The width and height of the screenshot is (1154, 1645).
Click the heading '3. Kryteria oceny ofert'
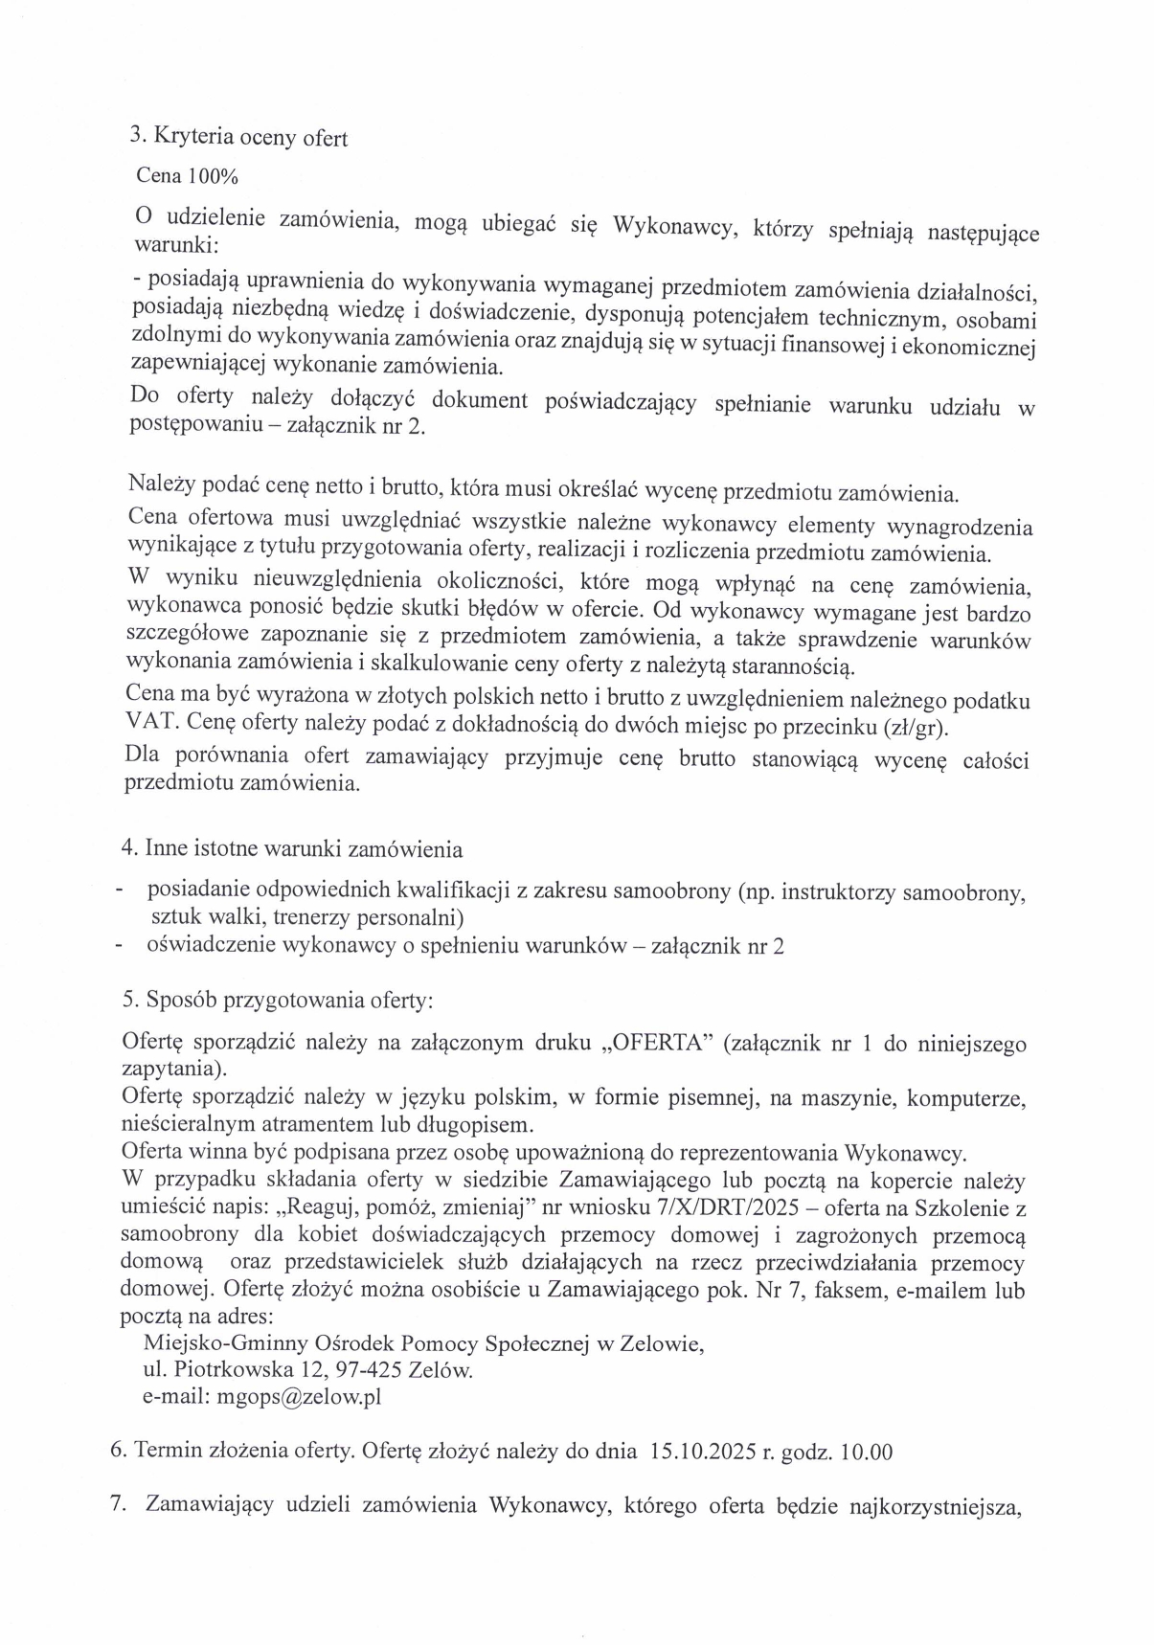click(x=238, y=137)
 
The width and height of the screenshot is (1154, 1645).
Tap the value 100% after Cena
click(x=212, y=176)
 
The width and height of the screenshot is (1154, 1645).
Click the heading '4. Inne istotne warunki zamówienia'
click(x=292, y=848)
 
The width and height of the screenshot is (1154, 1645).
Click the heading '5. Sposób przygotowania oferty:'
click(x=278, y=1000)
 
